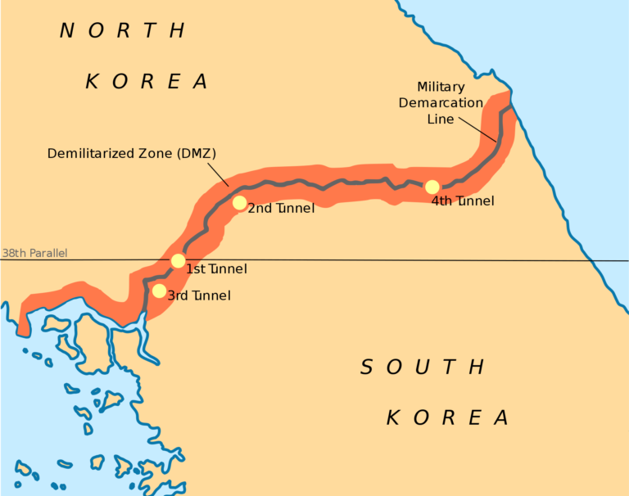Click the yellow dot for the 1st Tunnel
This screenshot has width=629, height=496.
pos(178,261)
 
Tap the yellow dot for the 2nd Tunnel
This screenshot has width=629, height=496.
pos(239,203)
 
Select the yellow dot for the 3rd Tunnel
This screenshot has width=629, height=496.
pos(159,291)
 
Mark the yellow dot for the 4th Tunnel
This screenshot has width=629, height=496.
pos(432,187)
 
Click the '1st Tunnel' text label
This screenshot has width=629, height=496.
pos(217,268)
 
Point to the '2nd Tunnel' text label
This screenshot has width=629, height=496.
pos(281,209)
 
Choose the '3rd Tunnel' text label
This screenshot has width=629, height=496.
pos(199,295)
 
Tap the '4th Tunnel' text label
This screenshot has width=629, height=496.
pos(463,201)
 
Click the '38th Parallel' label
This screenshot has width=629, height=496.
pos(34,253)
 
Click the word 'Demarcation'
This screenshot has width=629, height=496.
pos(441,102)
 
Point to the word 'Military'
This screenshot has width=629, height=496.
pos(441,87)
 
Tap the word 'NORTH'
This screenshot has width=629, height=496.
pos(123,31)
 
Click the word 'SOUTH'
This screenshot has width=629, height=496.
pos(423,367)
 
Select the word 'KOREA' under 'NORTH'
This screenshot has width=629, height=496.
pos(147,82)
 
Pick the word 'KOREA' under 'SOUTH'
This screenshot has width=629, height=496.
pos(448,418)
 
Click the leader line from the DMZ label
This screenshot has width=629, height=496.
pos(218,174)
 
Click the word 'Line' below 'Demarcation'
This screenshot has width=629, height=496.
pos(441,119)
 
